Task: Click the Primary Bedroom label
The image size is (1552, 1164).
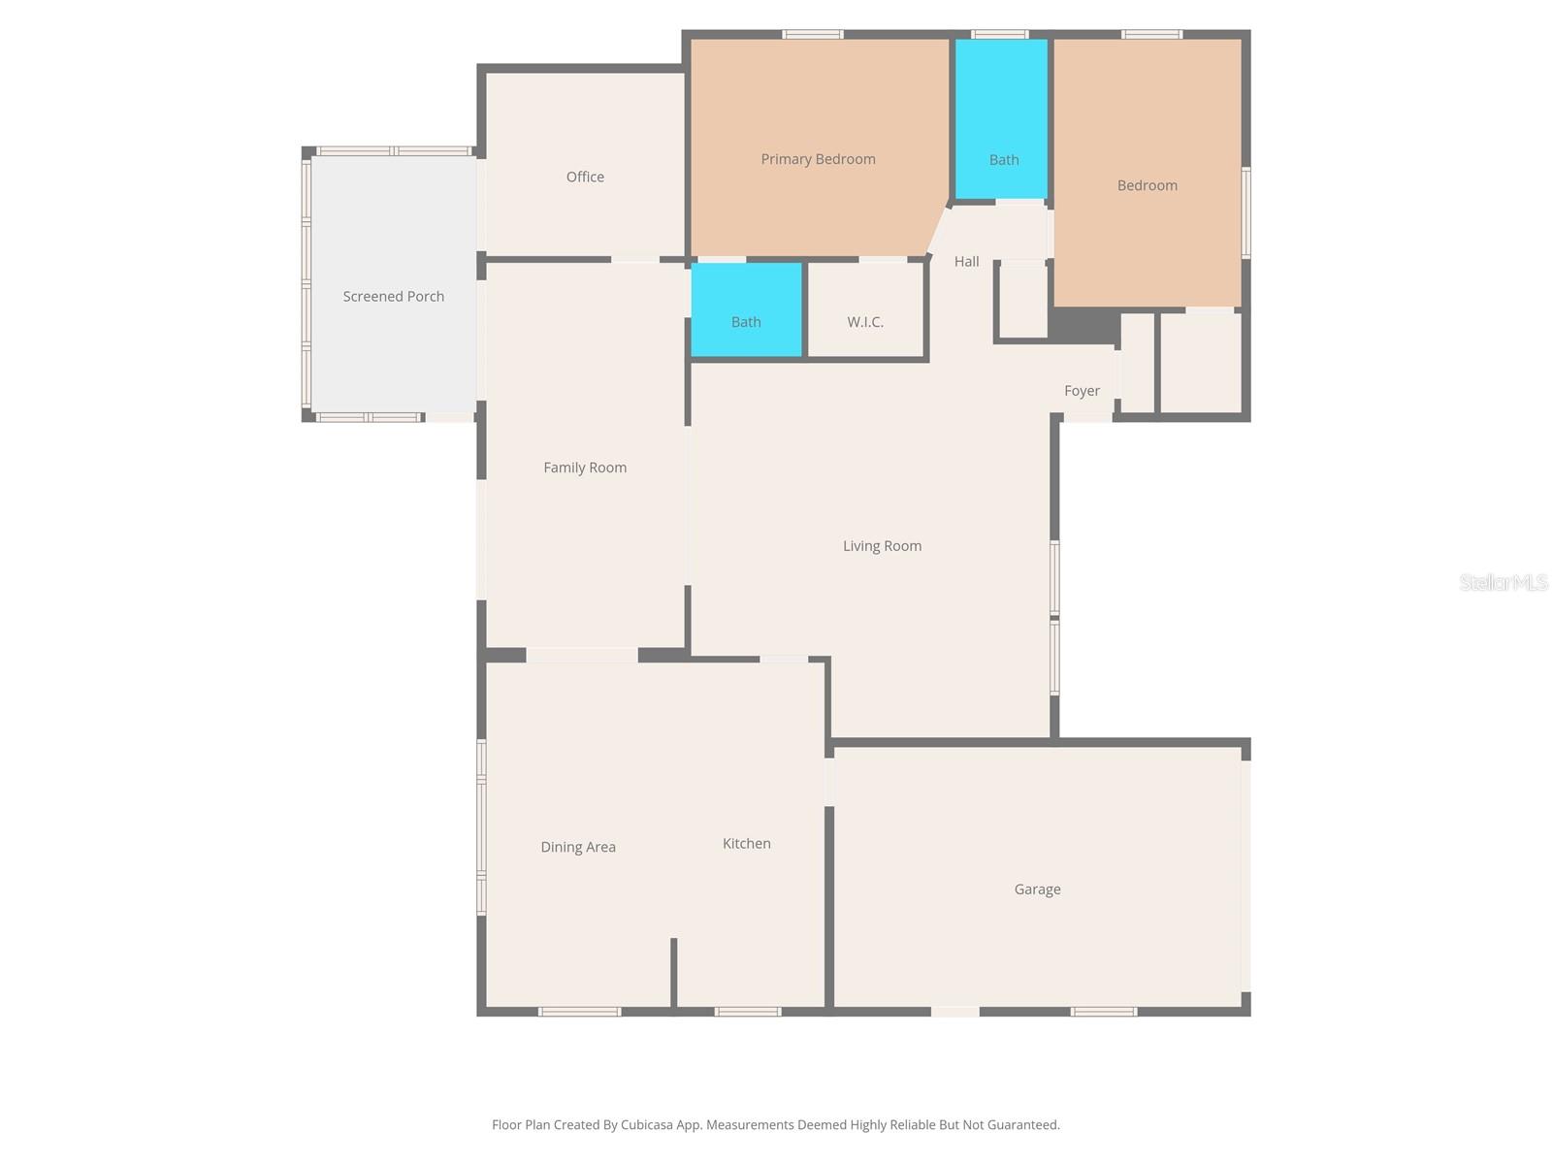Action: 818,159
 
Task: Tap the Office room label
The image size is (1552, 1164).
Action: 585,177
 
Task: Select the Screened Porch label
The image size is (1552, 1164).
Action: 393,296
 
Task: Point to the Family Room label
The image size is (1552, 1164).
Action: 585,468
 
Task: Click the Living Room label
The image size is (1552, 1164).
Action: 882,546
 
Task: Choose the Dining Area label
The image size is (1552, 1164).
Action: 578,847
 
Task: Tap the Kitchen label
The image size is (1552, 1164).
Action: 747,844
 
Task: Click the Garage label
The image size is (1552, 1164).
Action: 1037,889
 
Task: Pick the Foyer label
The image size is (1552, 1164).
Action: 1082,391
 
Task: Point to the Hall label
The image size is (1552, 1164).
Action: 966,262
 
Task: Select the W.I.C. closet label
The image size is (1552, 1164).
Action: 865,322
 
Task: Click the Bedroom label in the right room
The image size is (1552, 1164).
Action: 1147,185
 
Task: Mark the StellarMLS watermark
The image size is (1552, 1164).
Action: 1503,582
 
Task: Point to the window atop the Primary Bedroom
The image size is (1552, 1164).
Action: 813,35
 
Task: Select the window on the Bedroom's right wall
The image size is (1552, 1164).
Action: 1246,211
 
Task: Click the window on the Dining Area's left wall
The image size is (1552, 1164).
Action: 481,827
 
